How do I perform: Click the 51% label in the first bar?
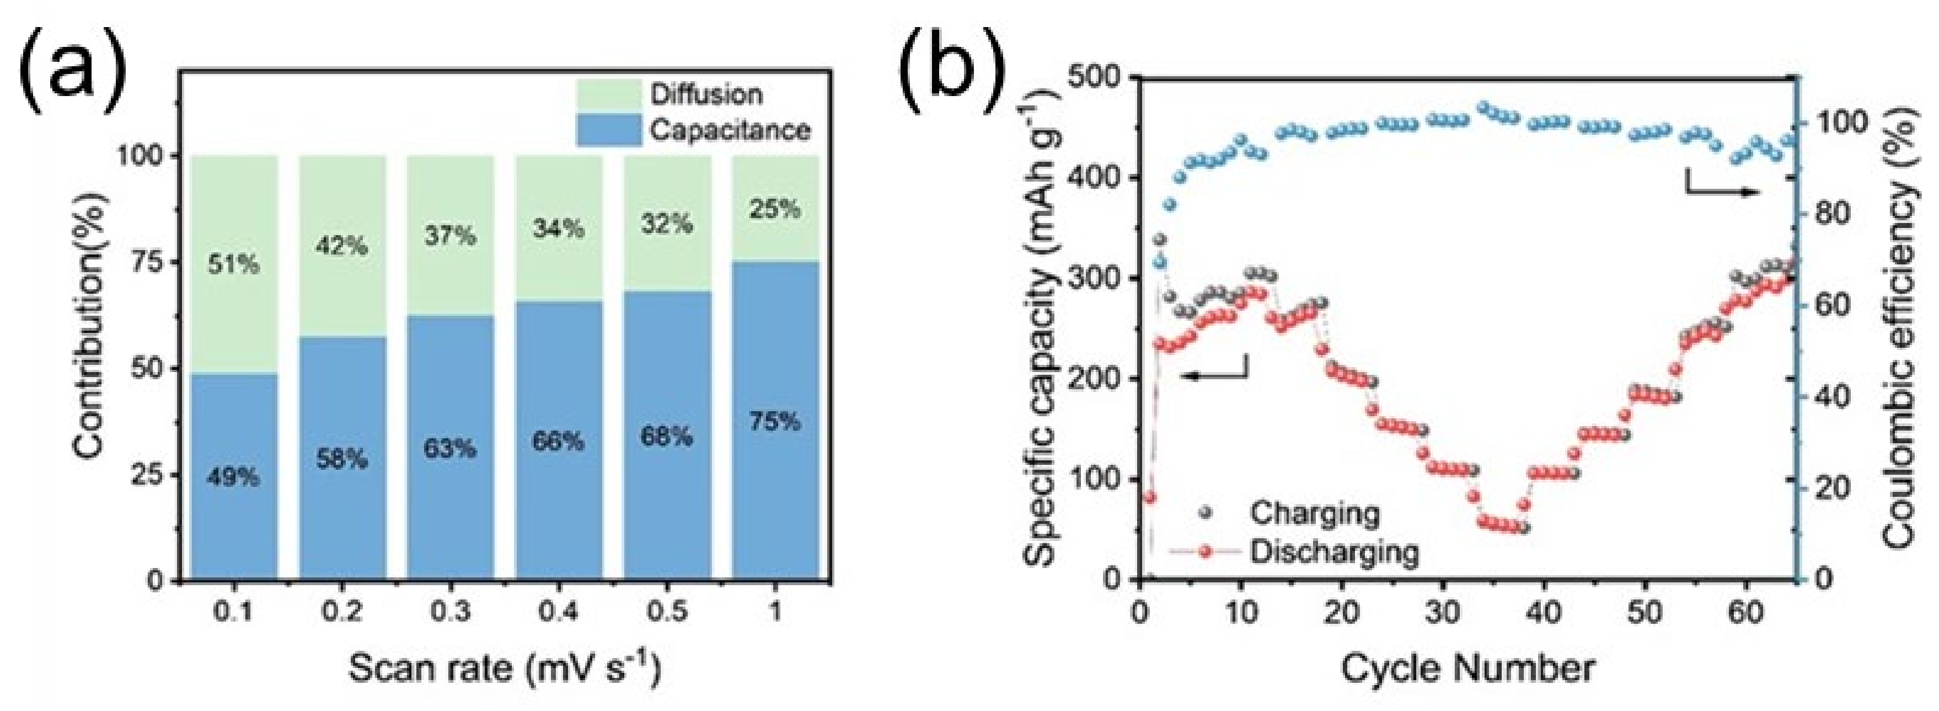[x=233, y=265]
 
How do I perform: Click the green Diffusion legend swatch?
[x=609, y=94]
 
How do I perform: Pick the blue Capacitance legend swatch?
[x=609, y=130]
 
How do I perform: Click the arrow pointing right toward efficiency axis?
[x=1724, y=192]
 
